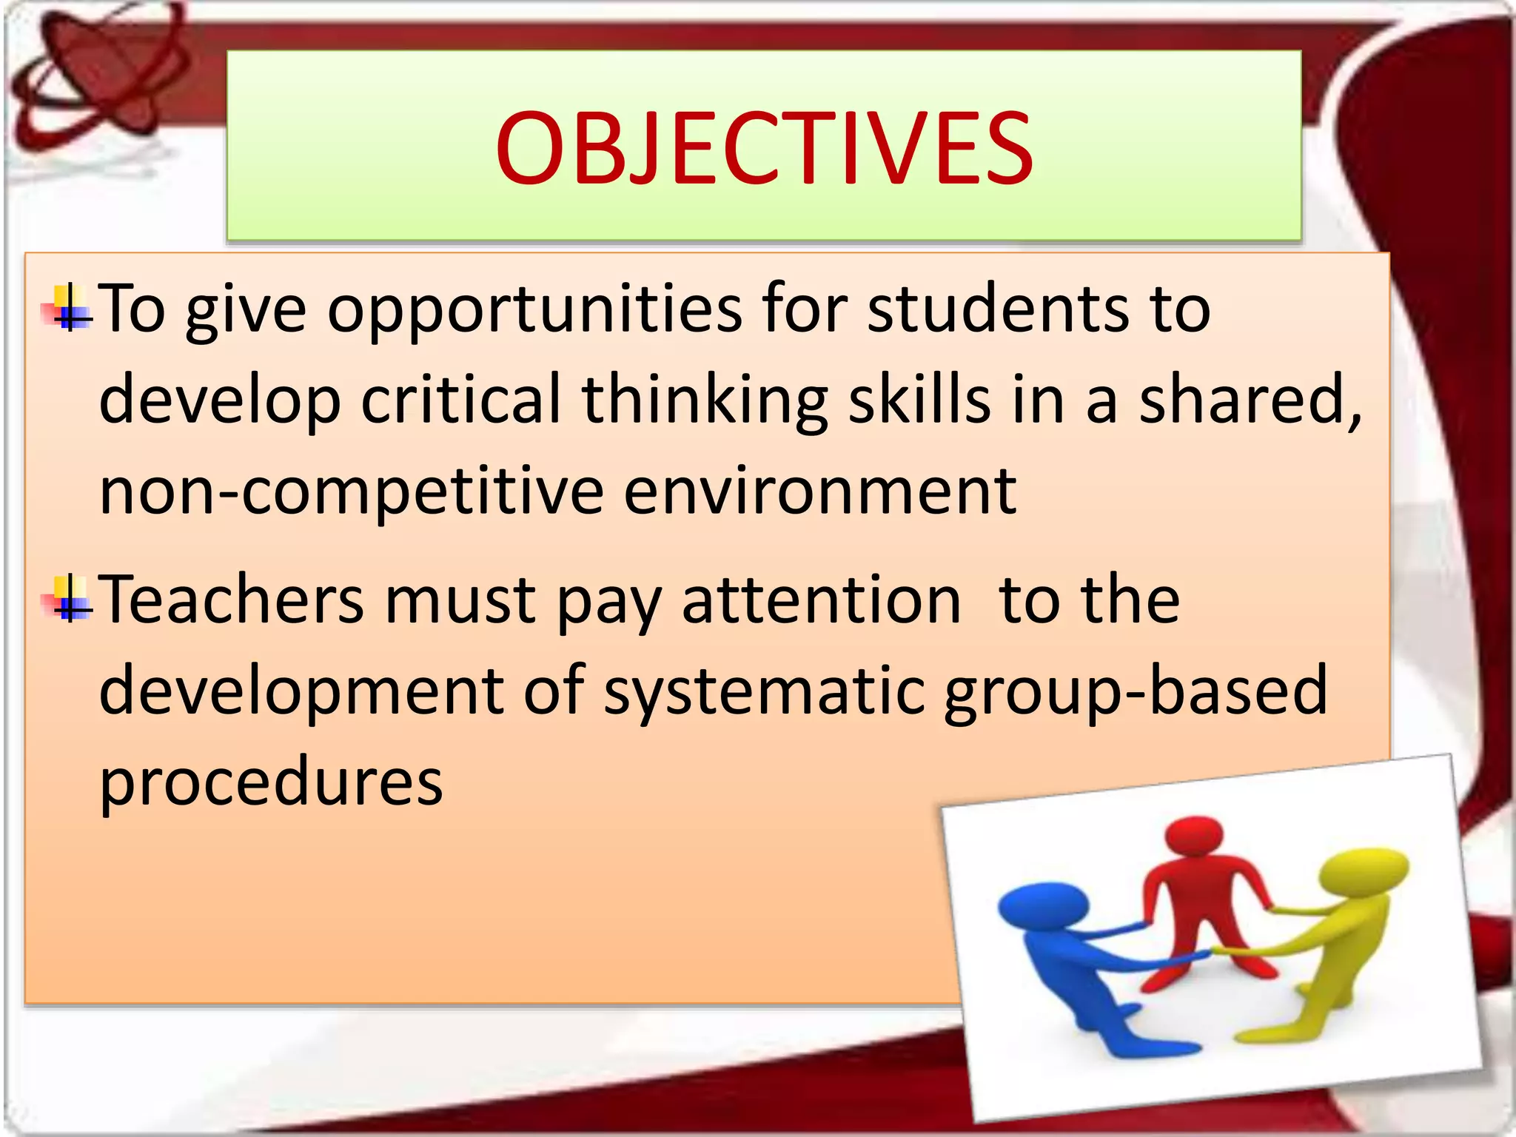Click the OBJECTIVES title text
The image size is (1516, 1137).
pyautogui.click(x=763, y=148)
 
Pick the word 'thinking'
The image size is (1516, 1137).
pyautogui.click(x=704, y=402)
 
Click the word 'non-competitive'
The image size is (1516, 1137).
pyautogui.click(x=351, y=492)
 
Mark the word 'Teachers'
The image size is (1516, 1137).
pyautogui.click(x=231, y=600)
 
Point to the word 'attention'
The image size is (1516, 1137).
pyautogui.click(x=821, y=600)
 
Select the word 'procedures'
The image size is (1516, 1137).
pyautogui.click(x=271, y=783)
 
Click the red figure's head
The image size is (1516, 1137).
pyautogui.click(x=1193, y=837)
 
